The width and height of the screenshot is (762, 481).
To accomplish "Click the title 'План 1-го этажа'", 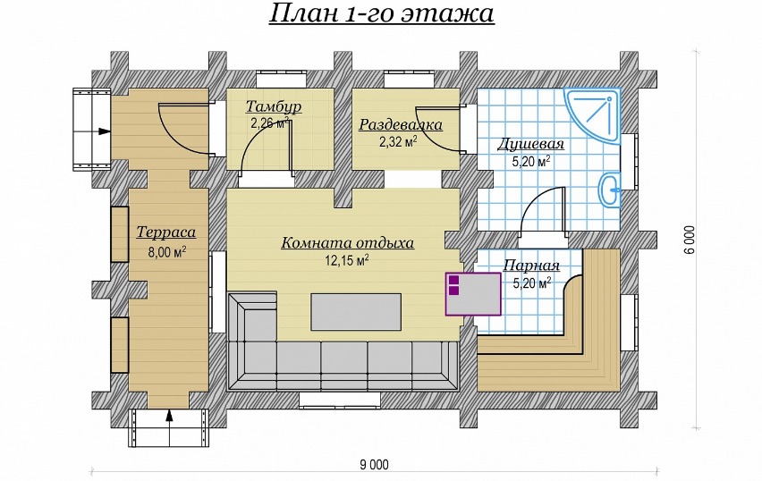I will point(381,15).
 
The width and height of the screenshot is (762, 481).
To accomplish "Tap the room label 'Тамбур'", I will point(273,107).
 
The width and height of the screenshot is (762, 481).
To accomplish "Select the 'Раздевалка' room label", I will point(401,125).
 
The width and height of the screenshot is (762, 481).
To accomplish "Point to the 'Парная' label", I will point(530,266).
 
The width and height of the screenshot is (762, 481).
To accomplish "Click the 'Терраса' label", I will point(165,232).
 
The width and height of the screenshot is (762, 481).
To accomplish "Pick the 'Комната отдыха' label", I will point(347,242).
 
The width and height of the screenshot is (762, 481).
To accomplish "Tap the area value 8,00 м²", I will point(166,252).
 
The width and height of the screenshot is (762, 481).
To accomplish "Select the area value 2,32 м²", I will point(398,141).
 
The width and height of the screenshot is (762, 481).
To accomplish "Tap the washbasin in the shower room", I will point(611,188).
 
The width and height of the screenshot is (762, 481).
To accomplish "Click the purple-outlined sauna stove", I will point(474,293).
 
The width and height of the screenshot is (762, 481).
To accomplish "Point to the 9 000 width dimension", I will point(374,463).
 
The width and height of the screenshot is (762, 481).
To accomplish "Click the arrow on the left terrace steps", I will point(104,131).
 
